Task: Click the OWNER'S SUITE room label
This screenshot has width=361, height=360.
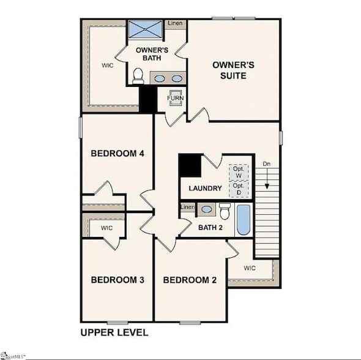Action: click(x=229, y=70)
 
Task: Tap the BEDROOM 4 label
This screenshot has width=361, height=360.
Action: click(x=117, y=153)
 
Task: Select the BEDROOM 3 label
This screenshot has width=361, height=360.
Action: click(x=117, y=280)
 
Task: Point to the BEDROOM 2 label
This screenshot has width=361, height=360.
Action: click(x=190, y=280)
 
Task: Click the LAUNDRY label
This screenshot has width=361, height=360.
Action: click(x=204, y=188)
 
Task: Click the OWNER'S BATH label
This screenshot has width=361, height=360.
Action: click(x=149, y=53)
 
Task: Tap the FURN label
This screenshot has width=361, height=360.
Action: click(x=176, y=99)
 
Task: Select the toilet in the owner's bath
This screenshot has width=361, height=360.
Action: click(x=138, y=75)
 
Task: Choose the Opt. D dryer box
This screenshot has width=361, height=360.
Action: click(x=239, y=189)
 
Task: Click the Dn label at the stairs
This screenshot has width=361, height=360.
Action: click(x=267, y=163)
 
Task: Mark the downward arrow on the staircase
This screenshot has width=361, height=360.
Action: click(x=267, y=180)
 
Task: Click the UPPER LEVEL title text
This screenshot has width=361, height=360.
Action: click(x=114, y=332)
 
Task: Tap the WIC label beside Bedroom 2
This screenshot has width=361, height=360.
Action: click(x=250, y=268)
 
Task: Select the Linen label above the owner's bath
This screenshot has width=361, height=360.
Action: click(x=175, y=24)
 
